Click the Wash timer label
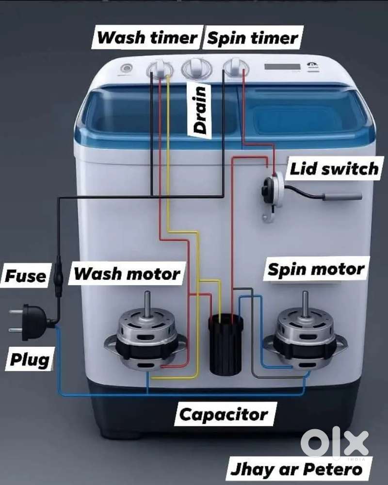(x=147, y=37)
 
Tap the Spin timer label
(x=253, y=38)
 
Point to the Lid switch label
(x=334, y=169)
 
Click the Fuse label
(x=26, y=275)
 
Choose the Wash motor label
(x=127, y=274)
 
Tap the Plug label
(x=30, y=359)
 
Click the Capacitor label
(x=224, y=414)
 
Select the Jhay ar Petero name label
(x=296, y=469)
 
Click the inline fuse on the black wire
(x=58, y=276)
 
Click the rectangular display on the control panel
(x=282, y=67)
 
